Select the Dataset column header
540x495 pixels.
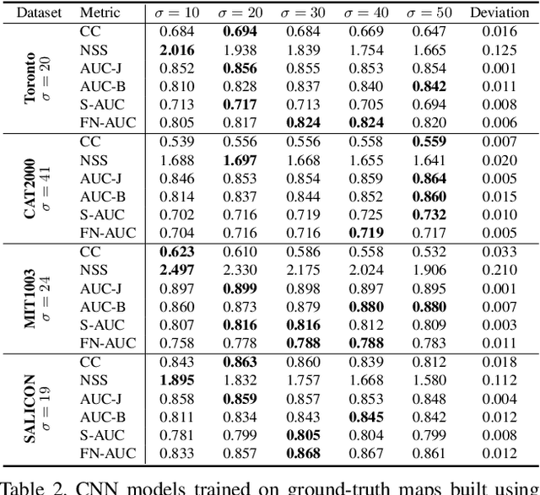[x=33, y=13]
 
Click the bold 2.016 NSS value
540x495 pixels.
[x=175, y=51]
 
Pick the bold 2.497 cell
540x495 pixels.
[x=175, y=270]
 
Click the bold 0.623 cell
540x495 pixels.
[x=175, y=251]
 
